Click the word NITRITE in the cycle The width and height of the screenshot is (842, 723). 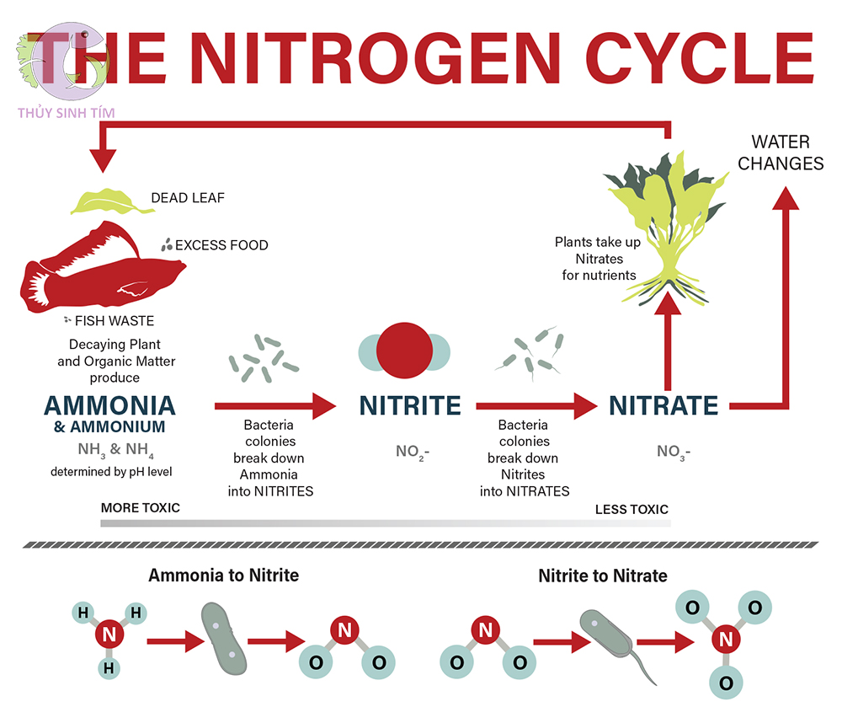tap(410, 405)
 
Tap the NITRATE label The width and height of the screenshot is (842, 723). tap(663, 405)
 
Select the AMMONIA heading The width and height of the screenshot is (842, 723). tap(109, 405)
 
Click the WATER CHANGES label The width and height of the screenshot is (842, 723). tap(781, 153)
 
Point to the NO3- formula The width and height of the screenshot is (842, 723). tap(674, 452)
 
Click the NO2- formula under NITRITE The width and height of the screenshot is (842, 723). tap(413, 452)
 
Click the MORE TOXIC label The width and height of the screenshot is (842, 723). tap(140, 508)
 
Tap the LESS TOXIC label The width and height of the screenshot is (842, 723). tap(631, 509)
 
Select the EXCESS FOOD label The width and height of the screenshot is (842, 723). tap(221, 245)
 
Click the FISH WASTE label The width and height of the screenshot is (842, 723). tap(115, 321)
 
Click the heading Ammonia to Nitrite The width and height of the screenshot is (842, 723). tap(223, 576)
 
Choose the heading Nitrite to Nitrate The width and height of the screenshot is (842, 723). tap(603, 576)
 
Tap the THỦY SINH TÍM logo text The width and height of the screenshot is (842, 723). tap(66, 112)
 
